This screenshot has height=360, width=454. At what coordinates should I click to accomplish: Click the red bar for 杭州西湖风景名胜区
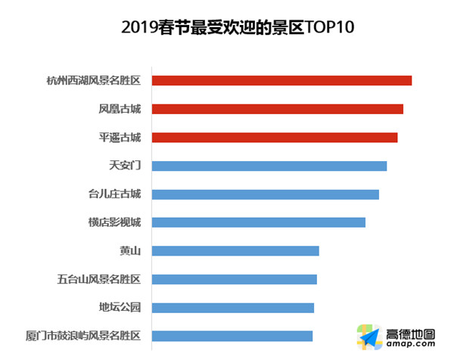(x=281, y=81)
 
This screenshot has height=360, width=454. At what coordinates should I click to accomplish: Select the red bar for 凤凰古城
(x=277, y=109)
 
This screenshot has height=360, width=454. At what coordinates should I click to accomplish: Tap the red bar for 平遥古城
(x=275, y=138)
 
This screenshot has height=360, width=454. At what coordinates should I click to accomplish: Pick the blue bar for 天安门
(x=269, y=166)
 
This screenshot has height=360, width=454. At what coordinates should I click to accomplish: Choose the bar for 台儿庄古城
(x=265, y=194)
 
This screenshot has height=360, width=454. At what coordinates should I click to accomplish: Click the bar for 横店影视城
(x=259, y=222)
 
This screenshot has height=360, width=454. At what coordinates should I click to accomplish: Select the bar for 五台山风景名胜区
(x=235, y=279)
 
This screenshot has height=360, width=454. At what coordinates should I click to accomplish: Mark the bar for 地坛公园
(x=233, y=308)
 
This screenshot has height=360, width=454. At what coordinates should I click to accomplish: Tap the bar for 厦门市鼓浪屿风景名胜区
(x=232, y=336)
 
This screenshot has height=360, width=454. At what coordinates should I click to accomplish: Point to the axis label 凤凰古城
(x=120, y=109)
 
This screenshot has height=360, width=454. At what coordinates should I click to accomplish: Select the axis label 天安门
(x=125, y=166)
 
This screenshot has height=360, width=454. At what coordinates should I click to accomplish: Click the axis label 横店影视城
(x=114, y=222)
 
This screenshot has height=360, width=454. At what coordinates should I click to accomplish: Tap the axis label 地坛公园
(x=120, y=308)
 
